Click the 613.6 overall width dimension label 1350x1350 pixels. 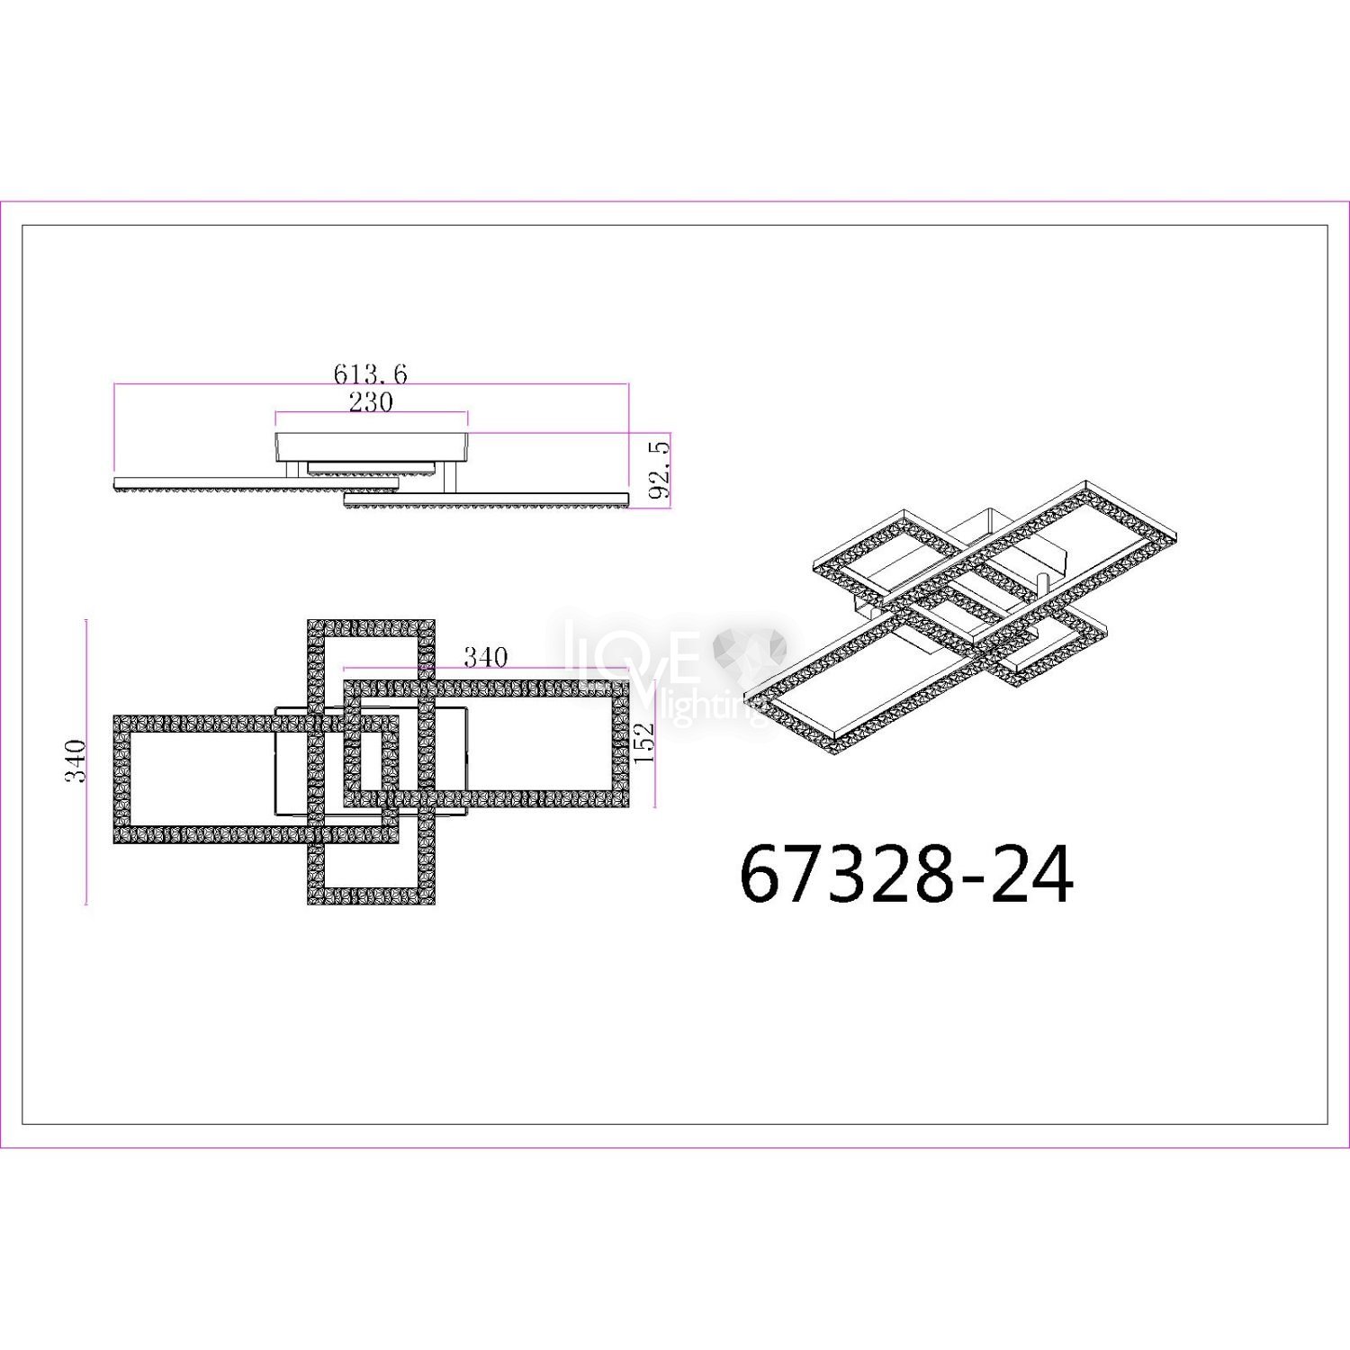tap(371, 373)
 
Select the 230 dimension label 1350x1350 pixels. tap(371, 401)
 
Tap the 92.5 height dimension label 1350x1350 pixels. tap(660, 470)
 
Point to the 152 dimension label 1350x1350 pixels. tap(643, 743)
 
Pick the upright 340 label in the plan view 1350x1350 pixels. tap(486, 657)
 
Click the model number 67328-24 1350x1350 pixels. tap(906, 874)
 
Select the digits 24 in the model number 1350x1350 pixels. tap(1031, 874)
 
